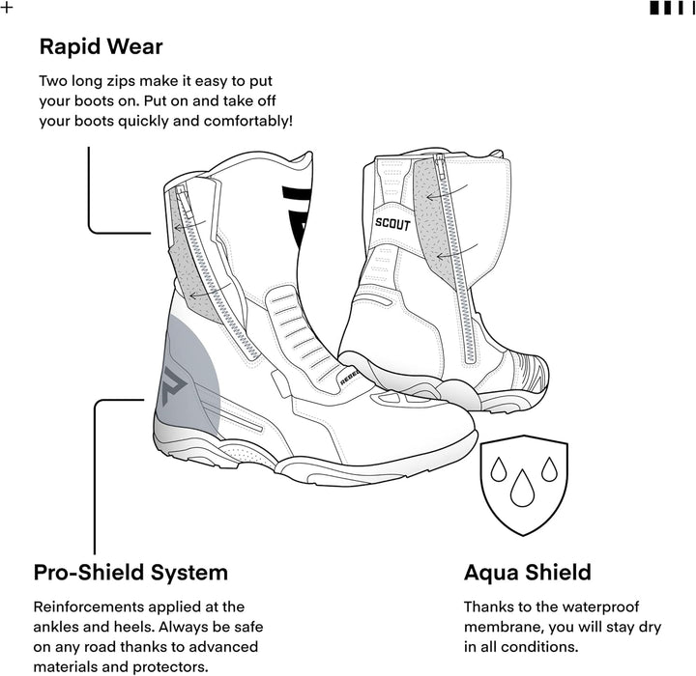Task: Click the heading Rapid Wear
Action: click(101, 46)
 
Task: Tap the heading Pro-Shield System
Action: click(130, 573)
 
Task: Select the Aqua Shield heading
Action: click(528, 573)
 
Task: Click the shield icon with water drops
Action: click(524, 485)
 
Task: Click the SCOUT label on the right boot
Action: click(392, 224)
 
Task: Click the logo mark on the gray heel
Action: click(171, 385)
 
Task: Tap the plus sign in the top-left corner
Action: click(7, 8)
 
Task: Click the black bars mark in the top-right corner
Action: click(672, 8)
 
